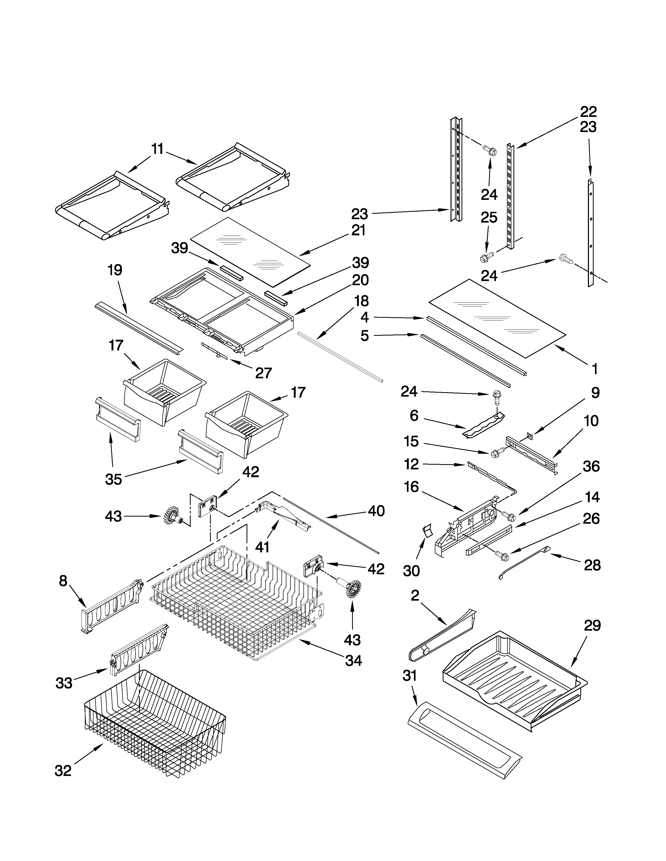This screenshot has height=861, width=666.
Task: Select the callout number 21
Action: pos(359,230)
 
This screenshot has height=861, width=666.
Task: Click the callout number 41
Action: pos(262,547)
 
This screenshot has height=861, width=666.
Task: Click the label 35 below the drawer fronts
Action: pos(114,479)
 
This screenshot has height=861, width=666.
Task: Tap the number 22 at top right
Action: pos(588,112)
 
